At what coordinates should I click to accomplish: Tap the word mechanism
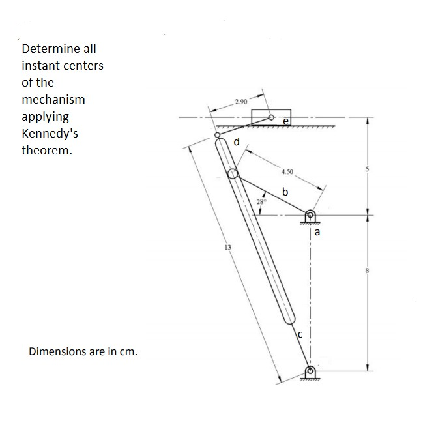(x=53, y=100)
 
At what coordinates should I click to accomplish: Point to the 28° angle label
(x=261, y=202)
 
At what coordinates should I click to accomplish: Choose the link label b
(x=285, y=192)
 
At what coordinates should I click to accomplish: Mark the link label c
(x=300, y=334)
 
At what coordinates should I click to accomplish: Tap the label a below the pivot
(x=317, y=231)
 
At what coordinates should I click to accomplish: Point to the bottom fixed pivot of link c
(x=311, y=372)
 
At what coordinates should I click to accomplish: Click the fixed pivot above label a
(x=311, y=215)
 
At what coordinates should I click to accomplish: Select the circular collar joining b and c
(x=233, y=173)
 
